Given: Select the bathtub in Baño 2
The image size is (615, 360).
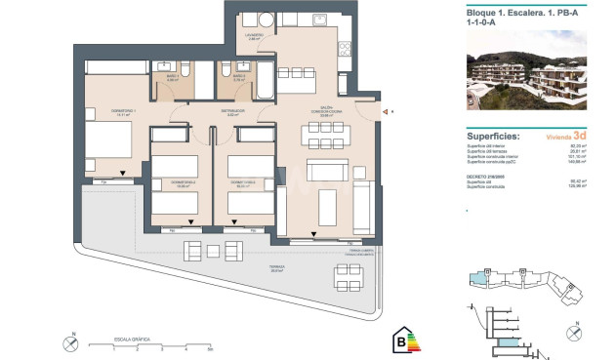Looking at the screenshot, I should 265,82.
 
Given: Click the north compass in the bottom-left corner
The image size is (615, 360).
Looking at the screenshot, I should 71,343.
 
